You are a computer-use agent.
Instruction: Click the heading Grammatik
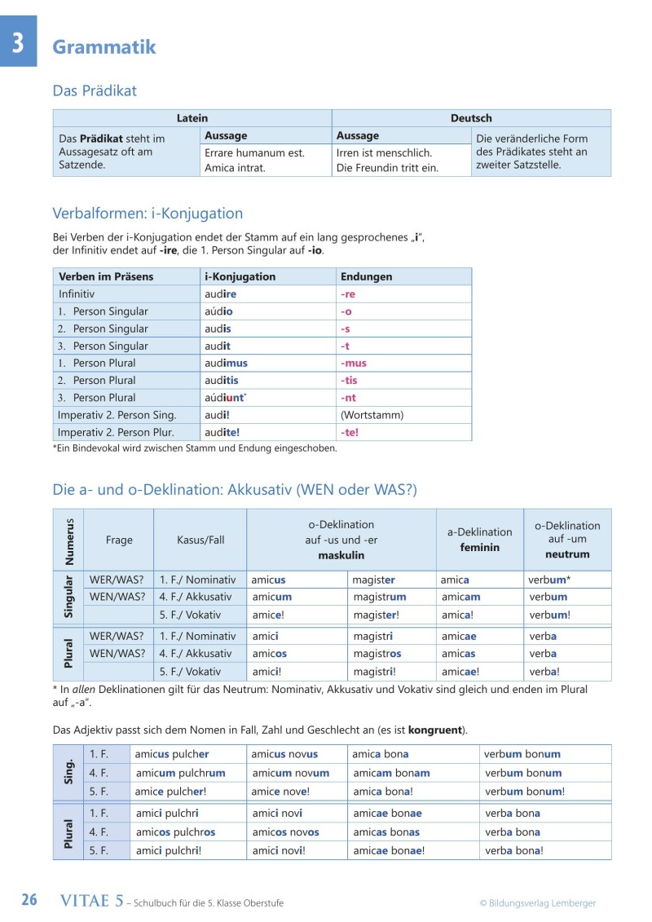click(104, 47)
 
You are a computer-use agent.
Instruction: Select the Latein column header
click(192, 118)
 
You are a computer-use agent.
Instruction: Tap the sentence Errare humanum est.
click(254, 152)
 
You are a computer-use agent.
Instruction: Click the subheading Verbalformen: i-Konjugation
click(148, 214)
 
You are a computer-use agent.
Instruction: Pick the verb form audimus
click(226, 363)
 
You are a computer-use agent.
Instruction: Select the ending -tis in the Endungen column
click(349, 380)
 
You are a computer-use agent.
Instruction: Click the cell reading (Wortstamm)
click(372, 415)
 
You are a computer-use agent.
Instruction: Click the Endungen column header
click(366, 276)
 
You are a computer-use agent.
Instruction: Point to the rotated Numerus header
click(68, 540)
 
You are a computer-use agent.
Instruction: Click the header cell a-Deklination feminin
click(479, 540)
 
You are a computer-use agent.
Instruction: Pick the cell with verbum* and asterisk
click(549, 580)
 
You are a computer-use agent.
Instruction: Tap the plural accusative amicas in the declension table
click(458, 653)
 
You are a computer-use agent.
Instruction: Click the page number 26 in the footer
click(29, 900)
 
